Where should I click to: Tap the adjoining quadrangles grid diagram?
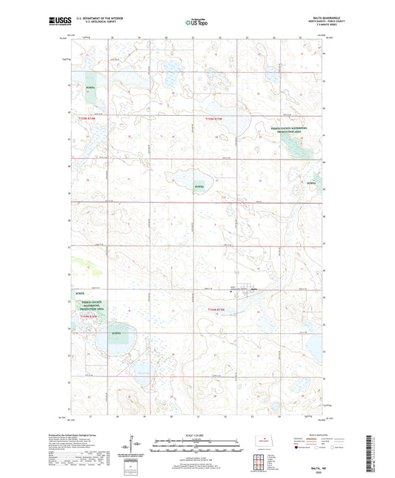pos(259,464)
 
